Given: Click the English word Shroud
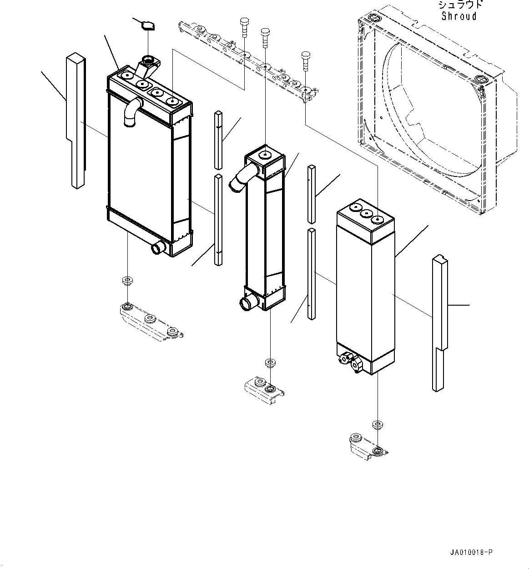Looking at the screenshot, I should [x=459, y=16].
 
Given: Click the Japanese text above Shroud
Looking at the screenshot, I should [x=459, y=5].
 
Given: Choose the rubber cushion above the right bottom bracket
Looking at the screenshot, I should [x=377, y=425].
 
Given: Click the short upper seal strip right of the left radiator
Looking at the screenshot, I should [x=218, y=139].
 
